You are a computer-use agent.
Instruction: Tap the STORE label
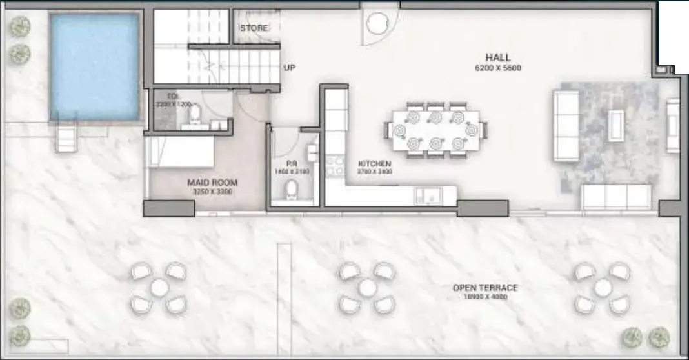(x=254, y=28)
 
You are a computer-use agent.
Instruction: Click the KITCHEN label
(x=374, y=164)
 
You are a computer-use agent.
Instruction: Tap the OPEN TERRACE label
(x=484, y=288)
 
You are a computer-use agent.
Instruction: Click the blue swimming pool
(x=95, y=67)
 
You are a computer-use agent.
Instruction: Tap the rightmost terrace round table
(x=602, y=287)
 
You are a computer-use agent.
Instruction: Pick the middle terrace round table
(x=367, y=287)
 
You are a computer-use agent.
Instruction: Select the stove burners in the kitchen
(x=335, y=167)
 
